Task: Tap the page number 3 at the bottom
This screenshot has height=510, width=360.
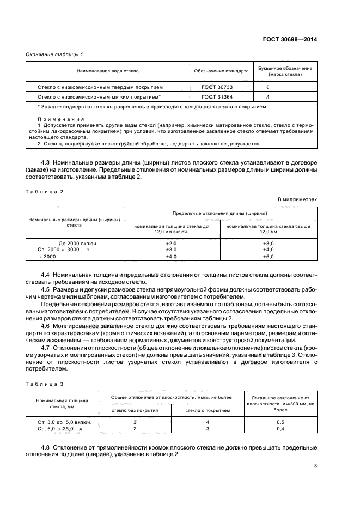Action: coord(315,465)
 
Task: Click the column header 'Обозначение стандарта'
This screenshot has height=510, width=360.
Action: coord(221,71)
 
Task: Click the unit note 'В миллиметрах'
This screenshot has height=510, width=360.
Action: coord(297,200)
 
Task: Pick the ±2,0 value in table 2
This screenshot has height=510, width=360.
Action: coord(171,242)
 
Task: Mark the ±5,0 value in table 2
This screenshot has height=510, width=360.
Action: coord(268,256)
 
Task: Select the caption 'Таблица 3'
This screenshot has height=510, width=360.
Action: coord(45,384)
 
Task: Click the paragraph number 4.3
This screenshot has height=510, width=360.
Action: coord(47,163)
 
